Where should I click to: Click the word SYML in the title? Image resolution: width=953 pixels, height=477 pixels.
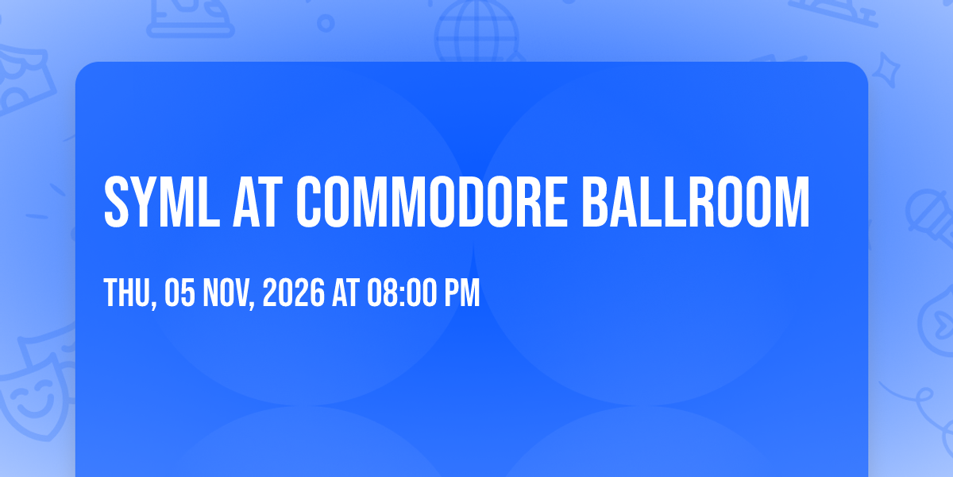[162, 202]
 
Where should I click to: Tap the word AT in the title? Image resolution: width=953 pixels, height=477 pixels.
[258, 202]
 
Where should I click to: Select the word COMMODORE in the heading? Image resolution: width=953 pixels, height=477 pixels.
[432, 202]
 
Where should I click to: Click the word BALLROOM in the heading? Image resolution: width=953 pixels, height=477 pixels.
[696, 202]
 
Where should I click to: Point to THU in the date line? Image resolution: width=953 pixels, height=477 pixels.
[127, 293]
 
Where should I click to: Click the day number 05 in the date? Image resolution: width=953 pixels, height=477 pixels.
[180, 293]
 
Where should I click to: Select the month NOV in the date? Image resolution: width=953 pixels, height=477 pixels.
[226, 293]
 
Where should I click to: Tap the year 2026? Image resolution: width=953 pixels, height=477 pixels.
[294, 293]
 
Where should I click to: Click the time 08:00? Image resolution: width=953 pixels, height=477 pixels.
[402, 293]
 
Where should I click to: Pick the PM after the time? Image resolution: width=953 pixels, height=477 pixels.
[462, 293]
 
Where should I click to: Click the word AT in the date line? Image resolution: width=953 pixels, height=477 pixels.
[346, 293]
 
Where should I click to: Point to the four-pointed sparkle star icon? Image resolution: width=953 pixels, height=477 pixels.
[886, 70]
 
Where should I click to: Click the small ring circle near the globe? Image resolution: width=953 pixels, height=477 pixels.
[326, 23]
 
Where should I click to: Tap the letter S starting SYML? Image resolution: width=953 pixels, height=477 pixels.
[116, 202]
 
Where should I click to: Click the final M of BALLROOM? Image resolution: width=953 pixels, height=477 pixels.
[794, 202]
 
